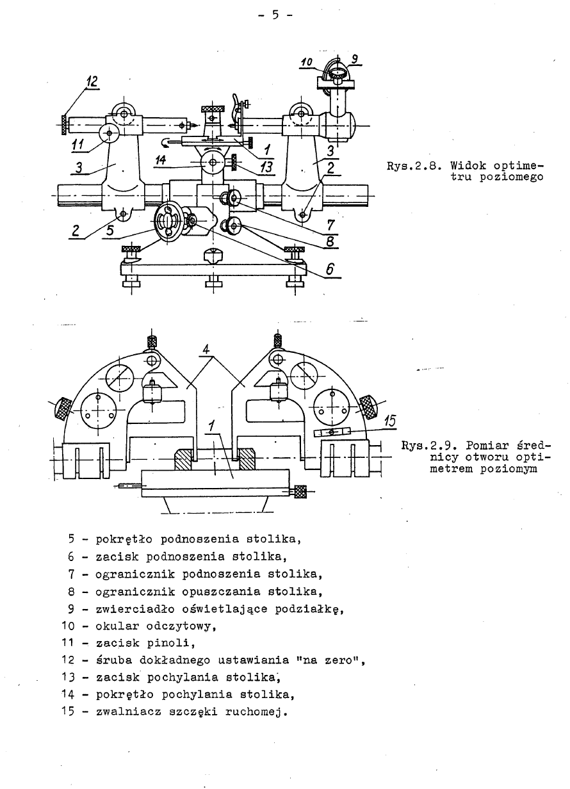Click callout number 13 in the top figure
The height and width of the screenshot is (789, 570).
(x=265, y=167)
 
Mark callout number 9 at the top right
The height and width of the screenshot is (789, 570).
(x=356, y=59)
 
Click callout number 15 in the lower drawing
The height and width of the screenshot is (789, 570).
(x=389, y=421)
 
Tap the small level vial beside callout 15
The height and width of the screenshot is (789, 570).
(x=331, y=432)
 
